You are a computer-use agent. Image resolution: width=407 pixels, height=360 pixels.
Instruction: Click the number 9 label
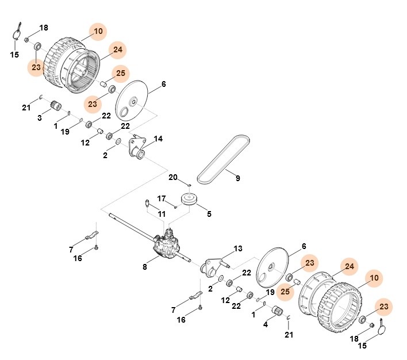click(x=237, y=178)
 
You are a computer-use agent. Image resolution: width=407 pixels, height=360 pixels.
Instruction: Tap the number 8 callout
click(x=145, y=266)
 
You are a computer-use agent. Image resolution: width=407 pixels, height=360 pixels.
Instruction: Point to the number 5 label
click(x=209, y=214)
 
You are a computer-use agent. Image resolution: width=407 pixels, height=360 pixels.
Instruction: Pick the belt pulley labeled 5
click(x=189, y=200)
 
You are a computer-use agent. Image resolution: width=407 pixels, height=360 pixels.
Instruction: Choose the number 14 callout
click(x=158, y=139)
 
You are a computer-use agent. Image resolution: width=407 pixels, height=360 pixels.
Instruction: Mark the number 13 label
click(x=237, y=248)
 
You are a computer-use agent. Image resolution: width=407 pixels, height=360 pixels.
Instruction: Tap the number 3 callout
click(x=40, y=118)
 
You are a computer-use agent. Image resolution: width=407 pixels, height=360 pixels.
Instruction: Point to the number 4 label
click(x=266, y=324)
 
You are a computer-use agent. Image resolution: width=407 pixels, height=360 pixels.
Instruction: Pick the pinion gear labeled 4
click(x=278, y=313)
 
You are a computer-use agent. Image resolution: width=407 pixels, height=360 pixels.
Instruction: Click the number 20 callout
click(x=173, y=176)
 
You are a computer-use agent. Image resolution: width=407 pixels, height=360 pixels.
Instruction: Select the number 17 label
click(x=162, y=199)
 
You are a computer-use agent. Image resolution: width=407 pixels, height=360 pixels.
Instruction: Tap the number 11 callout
click(x=162, y=214)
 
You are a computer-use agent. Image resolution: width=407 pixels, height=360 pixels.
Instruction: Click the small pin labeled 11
click(x=147, y=202)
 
